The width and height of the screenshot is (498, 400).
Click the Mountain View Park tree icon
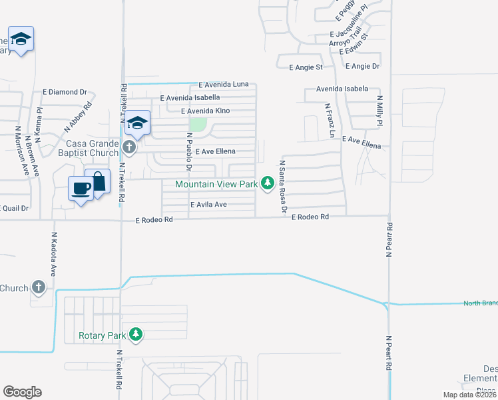pyautogui.click(x=268, y=183)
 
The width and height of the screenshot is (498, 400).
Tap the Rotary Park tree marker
pyautogui.click(x=136, y=334)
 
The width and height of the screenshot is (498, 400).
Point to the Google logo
pyautogui.click(x=22, y=392)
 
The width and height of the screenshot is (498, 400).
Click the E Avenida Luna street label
pyautogui.click(x=223, y=84)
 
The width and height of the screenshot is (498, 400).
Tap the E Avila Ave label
pyautogui.click(x=209, y=205)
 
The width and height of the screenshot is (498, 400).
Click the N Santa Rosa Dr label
pyautogui.click(x=283, y=187)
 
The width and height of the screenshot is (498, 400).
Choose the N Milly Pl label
pyautogui.click(x=379, y=111)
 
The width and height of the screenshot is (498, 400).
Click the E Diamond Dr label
pyautogui.click(x=65, y=92)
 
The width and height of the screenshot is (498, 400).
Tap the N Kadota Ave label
pyautogui.click(x=53, y=254)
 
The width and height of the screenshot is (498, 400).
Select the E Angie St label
pyautogui.click(x=306, y=67)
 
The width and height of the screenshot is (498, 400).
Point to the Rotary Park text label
pyautogui.click(x=101, y=335)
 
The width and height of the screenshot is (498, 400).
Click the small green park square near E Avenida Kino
pyautogui.click(x=198, y=124)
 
